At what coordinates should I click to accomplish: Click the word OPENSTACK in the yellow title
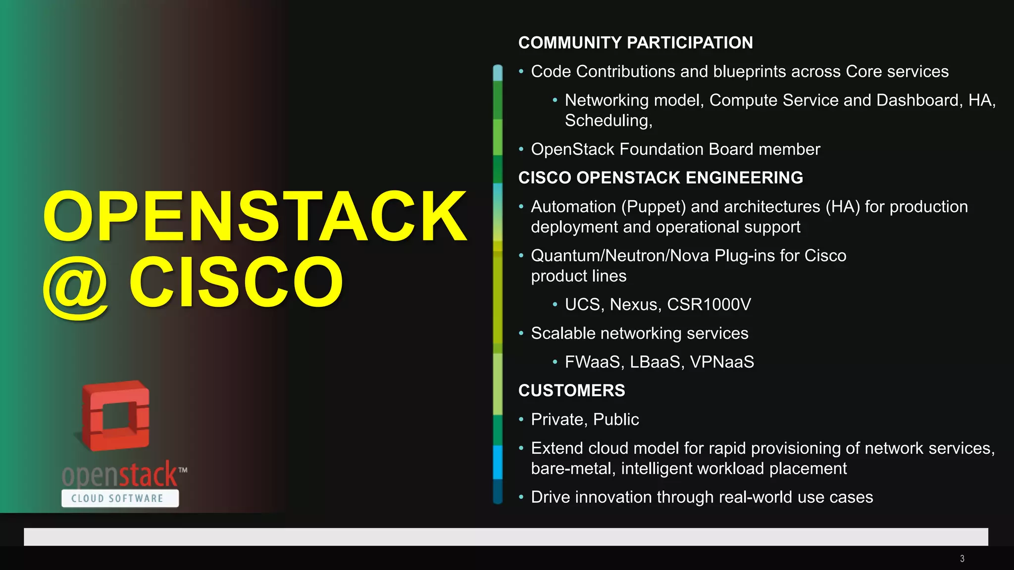point(255,217)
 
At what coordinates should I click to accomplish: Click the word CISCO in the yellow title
point(236,282)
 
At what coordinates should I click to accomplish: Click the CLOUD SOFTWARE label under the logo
point(118,498)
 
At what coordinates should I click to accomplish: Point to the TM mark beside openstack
point(183,470)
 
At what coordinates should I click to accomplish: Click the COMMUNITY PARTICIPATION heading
point(635,43)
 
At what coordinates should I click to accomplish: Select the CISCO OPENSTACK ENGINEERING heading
point(660,178)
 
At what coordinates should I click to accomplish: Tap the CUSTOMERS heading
point(571,390)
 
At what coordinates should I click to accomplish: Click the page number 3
point(962,559)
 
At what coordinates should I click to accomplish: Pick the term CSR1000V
point(709,304)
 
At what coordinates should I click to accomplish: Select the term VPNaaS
point(722,362)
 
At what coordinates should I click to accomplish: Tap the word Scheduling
point(607,121)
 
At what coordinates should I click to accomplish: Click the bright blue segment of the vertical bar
point(498,462)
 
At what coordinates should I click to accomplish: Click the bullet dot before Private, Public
point(521,420)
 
